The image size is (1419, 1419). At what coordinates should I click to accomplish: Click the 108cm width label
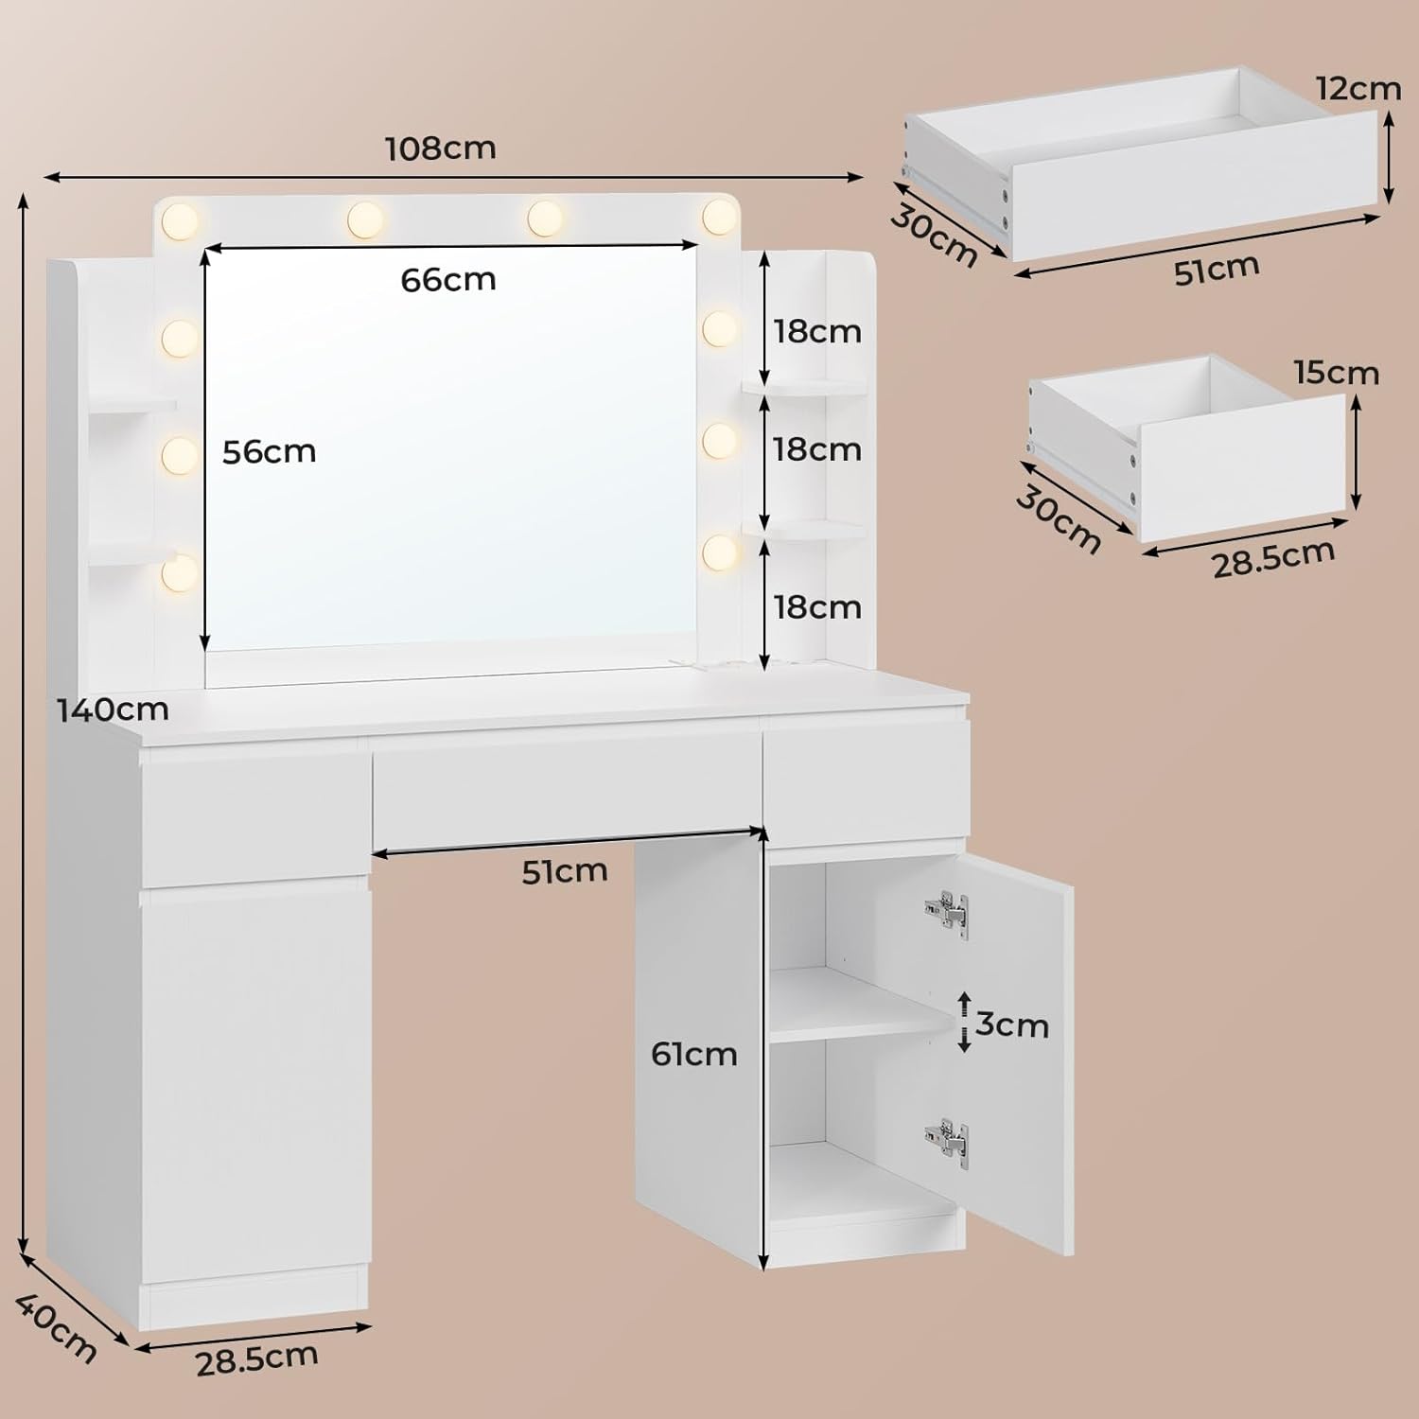click(x=441, y=149)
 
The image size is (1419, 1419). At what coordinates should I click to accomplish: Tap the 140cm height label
click(x=113, y=709)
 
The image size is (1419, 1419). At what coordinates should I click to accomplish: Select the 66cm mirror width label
click(x=448, y=279)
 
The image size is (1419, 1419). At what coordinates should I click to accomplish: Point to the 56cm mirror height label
click(x=270, y=451)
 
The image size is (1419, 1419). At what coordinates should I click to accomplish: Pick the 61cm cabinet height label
click(x=694, y=1054)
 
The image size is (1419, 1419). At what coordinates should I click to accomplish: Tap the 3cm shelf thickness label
click(x=1012, y=1025)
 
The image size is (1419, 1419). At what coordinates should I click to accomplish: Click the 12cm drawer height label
click(x=1358, y=88)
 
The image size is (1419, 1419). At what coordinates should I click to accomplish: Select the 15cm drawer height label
click(x=1337, y=373)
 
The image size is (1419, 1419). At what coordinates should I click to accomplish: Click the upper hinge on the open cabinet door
click(x=948, y=913)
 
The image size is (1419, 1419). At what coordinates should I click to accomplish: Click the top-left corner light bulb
click(x=180, y=221)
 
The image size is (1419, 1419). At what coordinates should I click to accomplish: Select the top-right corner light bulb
click(x=720, y=217)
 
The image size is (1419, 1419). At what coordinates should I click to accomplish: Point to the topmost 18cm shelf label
click(x=817, y=331)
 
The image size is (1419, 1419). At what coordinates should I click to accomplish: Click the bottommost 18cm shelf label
click(x=817, y=606)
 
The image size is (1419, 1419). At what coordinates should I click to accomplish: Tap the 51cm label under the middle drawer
click(x=565, y=871)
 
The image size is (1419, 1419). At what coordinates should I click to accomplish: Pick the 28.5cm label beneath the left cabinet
click(x=257, y=1359)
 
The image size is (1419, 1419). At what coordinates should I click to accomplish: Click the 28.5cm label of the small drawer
click(x=1273, y=558)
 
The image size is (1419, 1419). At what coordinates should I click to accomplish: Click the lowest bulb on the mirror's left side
click(x=180, y=571)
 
